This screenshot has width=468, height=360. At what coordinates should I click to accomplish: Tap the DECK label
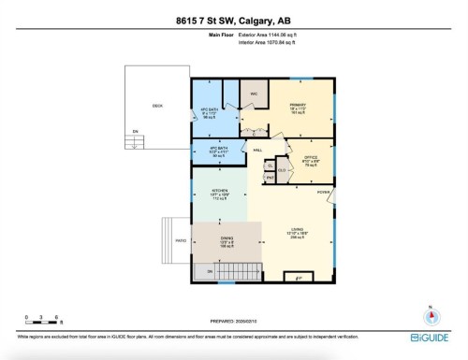tap(158, 106)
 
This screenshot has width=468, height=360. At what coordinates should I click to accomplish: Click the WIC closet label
tap(254, 95)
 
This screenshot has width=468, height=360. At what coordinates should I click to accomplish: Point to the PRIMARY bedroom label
tap(298, 105)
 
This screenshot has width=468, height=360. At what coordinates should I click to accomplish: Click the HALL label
tap(257, 151)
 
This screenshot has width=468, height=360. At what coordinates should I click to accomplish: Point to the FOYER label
tap(323, 192)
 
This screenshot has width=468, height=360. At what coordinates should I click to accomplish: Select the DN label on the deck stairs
tap(135, 132)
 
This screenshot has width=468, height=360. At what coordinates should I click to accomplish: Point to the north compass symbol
tap(431, 315)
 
